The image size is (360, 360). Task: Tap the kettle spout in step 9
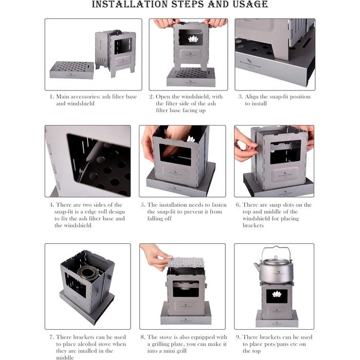[257, 266]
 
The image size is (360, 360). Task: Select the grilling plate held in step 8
[186, 262]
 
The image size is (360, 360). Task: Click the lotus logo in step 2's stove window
[193, 39]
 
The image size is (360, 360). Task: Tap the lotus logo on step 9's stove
[277, 294]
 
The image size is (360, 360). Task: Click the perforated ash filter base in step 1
[71, 70]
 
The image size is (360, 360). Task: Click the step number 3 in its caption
[240, 97]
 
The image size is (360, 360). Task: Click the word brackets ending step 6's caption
[253, 225]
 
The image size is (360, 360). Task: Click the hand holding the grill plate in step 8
[154, 257]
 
